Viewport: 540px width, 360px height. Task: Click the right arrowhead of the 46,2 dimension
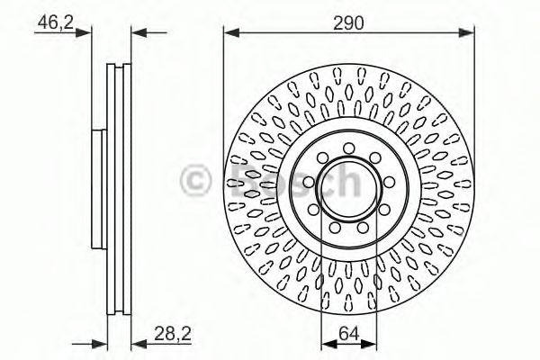point(136,35)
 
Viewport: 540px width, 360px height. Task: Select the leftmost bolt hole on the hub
point(310,184)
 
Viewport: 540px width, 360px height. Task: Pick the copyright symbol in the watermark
point(195,179)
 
